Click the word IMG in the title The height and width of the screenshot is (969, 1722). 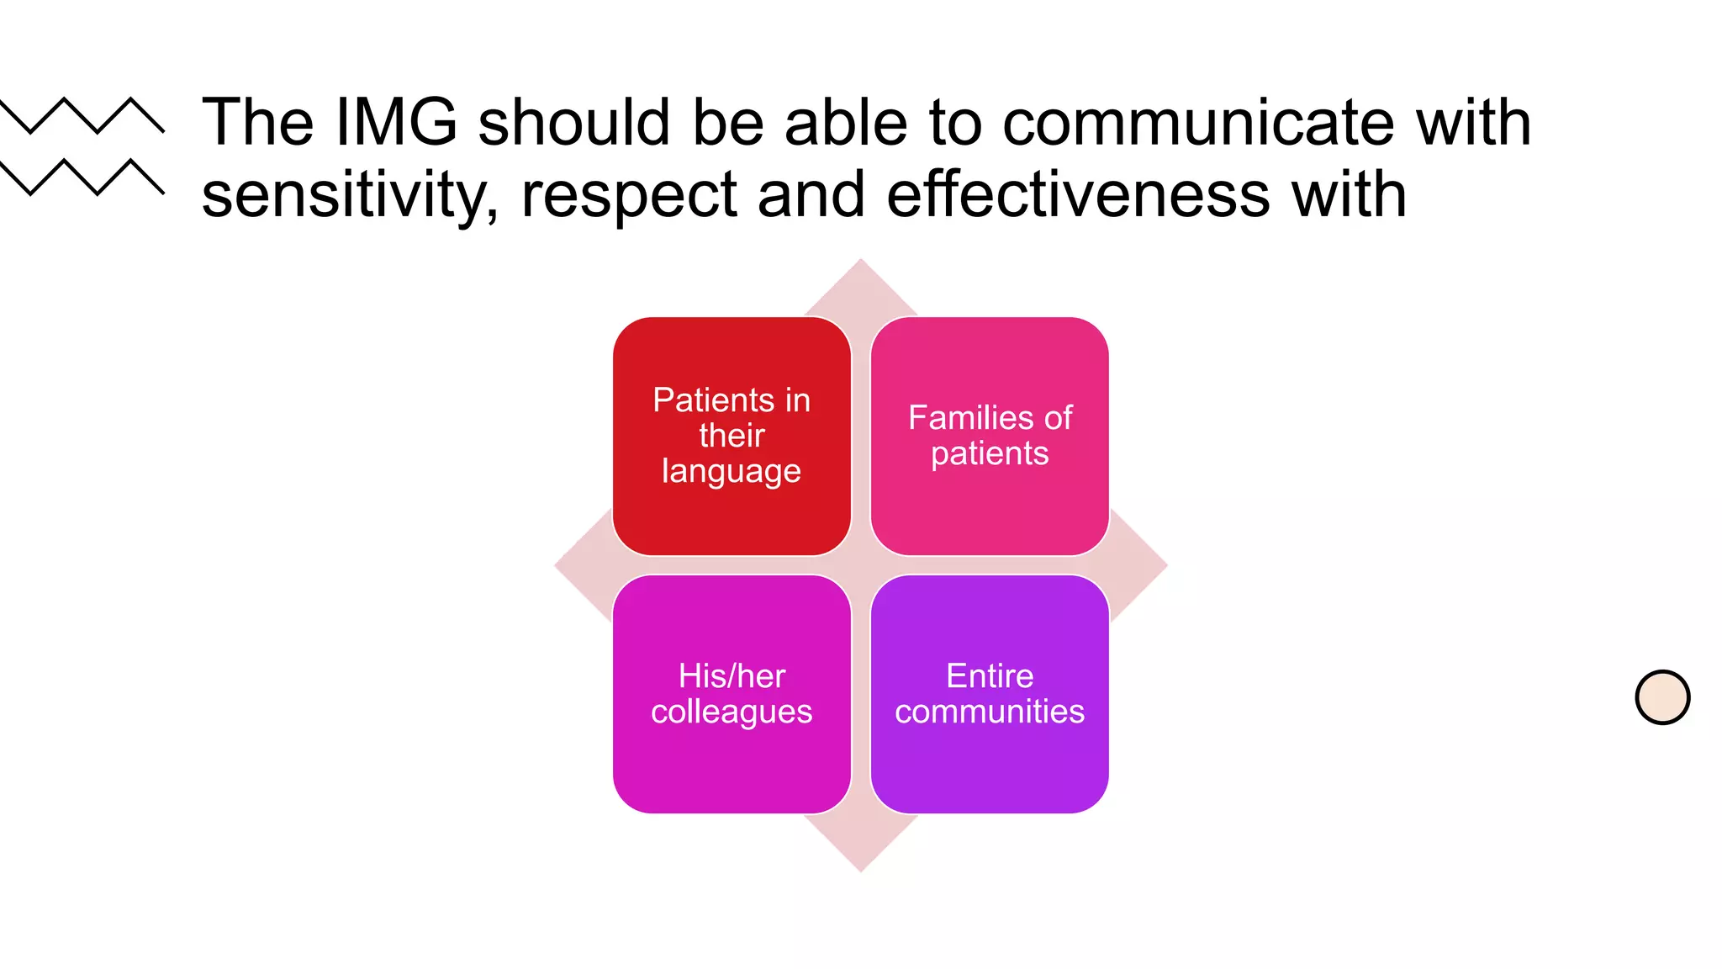(x=396, y=123)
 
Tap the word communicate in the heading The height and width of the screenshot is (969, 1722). (x=1197, y=123)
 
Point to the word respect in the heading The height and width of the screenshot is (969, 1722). (x=628, y=195)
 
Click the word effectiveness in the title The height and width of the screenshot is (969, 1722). (x=1078, y=195)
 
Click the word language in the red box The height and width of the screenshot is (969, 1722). (x=732, y=472)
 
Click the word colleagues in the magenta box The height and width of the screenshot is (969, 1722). (x=732, y=712)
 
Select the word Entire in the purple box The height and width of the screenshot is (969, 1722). (x=990, y=676)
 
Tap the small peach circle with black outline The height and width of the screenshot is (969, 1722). (x=1662, y=697)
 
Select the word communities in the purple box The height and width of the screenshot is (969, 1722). (x=990, y=712)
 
